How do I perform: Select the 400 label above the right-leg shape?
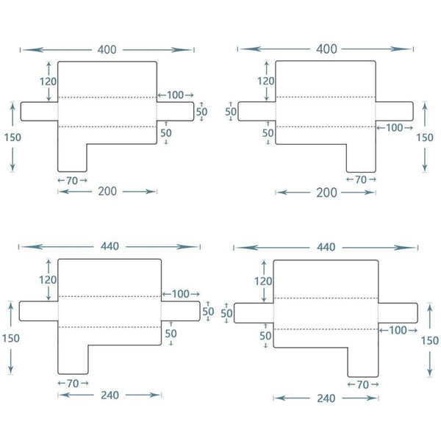click(x=326, y=49)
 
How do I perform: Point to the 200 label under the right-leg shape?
click(x=326, y=193)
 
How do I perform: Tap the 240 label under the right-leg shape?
click(x=326, y=398)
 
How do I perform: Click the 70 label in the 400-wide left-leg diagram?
click(x=72, y=179)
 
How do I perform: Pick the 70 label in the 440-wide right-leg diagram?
click(x=362, y=384)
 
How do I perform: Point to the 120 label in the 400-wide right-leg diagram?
click(x=266, y=81)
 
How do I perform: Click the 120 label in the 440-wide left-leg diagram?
click(x=48, y=279)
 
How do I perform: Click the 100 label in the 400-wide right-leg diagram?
click(x=394, y=128)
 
